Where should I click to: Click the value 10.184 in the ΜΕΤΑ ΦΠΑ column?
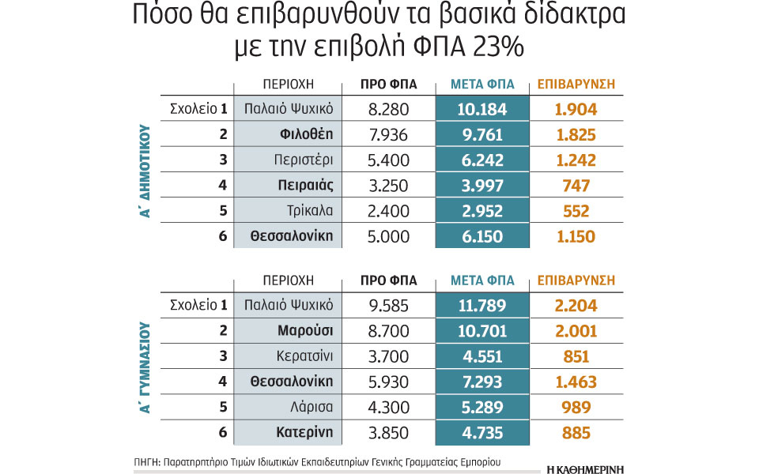pos(481,109)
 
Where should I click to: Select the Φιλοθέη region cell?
pos(289,134)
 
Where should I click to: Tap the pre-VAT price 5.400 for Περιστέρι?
pos(388,160)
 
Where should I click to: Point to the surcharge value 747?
pos(576,185)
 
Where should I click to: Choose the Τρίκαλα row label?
pos(289,210)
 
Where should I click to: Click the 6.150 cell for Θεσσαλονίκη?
pos(481,235)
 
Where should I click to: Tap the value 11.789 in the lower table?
pos(481,306)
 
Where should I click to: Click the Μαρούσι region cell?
pos(289,331)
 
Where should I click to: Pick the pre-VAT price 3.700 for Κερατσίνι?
pos(388,356)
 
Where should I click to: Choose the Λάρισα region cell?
pos(289,407)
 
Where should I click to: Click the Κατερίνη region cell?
pos(289,432)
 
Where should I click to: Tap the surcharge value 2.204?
pos(576,306)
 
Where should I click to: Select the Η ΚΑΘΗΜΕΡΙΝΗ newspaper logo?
pos(585,468)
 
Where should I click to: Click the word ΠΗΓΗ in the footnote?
pos(146,460)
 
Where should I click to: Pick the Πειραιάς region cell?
pos(289,185)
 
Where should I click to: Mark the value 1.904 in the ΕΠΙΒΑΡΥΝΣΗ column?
pos(576,109)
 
